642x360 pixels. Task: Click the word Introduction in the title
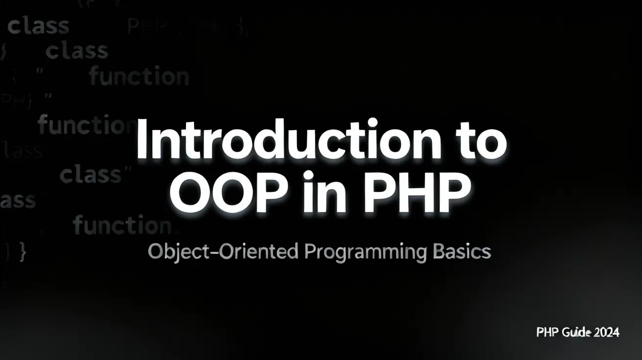tap(289, 140)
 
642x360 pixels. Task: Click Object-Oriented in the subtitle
tap(223, 252)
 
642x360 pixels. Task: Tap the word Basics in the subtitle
tap(462, 252)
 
